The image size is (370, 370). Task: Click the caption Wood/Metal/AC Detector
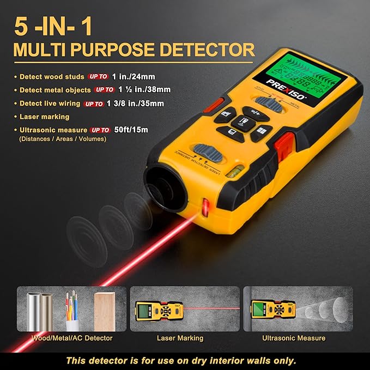(x=72, y=338)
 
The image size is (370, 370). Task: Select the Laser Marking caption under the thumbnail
(x=180, y=338)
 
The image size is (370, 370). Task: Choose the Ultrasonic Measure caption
(x=294, y=338)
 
